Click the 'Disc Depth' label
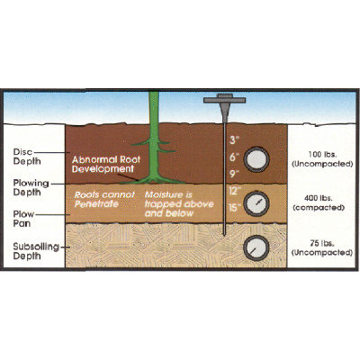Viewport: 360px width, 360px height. [x=27, y=157]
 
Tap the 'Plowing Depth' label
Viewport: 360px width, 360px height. [x=31, y=187]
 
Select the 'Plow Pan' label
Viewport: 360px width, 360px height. [x=23, y=219]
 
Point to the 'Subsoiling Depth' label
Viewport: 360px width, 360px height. [x=36, y=251]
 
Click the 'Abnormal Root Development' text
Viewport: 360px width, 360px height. [x=106, y=164]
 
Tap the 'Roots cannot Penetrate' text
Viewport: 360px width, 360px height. [x=104, y=199]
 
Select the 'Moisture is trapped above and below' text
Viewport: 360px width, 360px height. [x=179, y=204]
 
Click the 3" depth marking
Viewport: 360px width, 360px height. [x=234, y=140]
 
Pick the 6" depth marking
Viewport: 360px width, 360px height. [x=234, y=157]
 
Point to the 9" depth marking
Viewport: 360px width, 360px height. [x=234, y=174]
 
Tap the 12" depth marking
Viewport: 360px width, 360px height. [x=235, y=191]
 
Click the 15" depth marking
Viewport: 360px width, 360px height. [x=235, y=208]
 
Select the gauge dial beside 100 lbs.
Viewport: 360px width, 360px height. [x=256, y=159]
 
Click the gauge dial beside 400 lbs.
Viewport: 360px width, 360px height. [x=256, y=203]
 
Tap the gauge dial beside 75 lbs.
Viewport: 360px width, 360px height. [x=256, y=248]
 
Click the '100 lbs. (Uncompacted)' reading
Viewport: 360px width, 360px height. [x=322, y=159]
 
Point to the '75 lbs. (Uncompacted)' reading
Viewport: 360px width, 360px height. [x=322, y=248]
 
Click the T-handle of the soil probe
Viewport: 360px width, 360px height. [x=225, y=99]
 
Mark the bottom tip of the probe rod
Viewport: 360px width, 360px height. [x=225, y=235]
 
